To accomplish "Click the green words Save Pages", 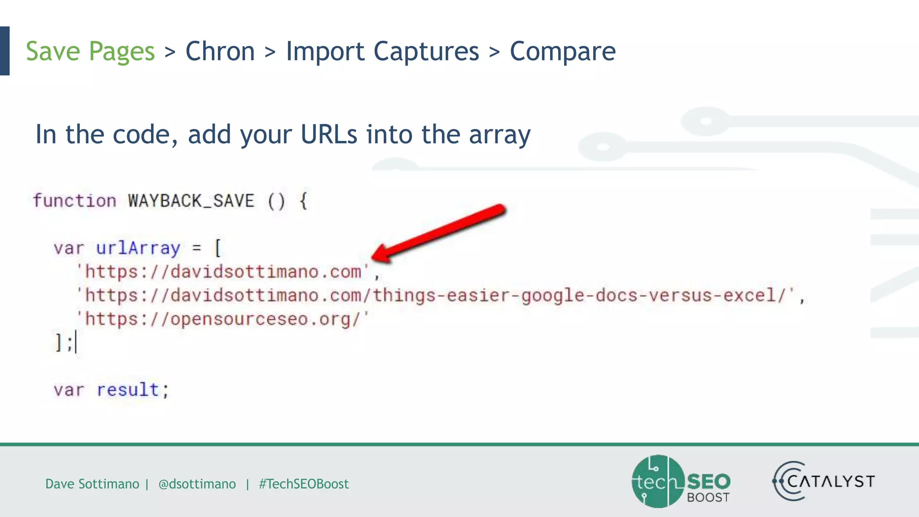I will point(90,51).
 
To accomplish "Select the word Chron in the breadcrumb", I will point(220,51).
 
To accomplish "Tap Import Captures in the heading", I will point(382,51).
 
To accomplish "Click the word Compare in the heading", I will point(563,51).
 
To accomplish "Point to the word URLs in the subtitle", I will point(329,134).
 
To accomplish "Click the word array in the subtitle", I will point(499,134).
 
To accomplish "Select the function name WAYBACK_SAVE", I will point(191,201).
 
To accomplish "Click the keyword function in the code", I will point(74,201).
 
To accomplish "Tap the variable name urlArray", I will point(138,248).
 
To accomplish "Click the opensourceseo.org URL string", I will point(222,320).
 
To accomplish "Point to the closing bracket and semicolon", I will point(64,343).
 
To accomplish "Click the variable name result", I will point(128,390).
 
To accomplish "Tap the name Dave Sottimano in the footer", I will point(92,484).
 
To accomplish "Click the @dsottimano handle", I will point(197,484).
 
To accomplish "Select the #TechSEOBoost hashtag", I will point(304,484).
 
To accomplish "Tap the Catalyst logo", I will point(824,482).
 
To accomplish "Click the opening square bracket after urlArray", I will point(218,248).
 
